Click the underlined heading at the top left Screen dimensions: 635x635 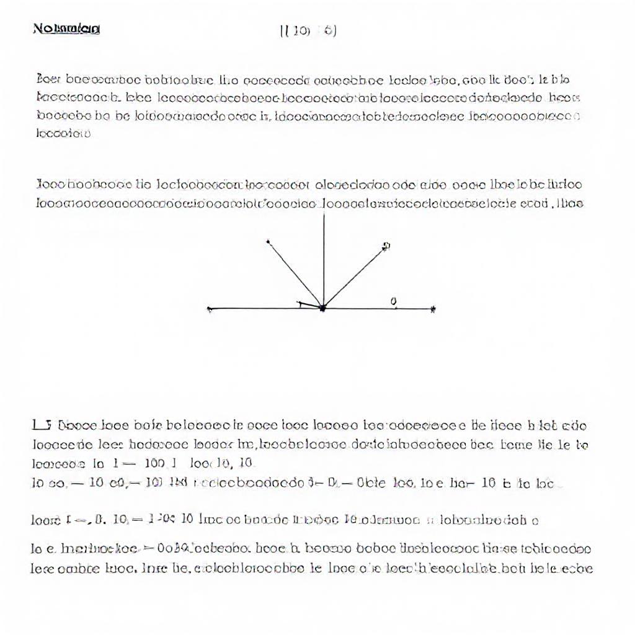(x=66, y=29)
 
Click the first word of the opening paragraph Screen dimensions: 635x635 (x=47, y=80)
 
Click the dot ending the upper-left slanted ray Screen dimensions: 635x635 (x=268, y=241)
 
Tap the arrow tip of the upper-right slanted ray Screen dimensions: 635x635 (x=385, y=246)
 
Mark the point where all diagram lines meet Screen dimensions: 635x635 (x=323, y=308)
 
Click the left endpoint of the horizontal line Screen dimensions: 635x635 (x=210, y=308)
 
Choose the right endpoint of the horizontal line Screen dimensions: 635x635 (x=433, y=308)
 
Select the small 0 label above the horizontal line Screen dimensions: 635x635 (x=394, y=301)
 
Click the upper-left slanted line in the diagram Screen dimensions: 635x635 (x=295, y=273)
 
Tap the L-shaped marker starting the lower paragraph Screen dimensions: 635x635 (x=41, y=425)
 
